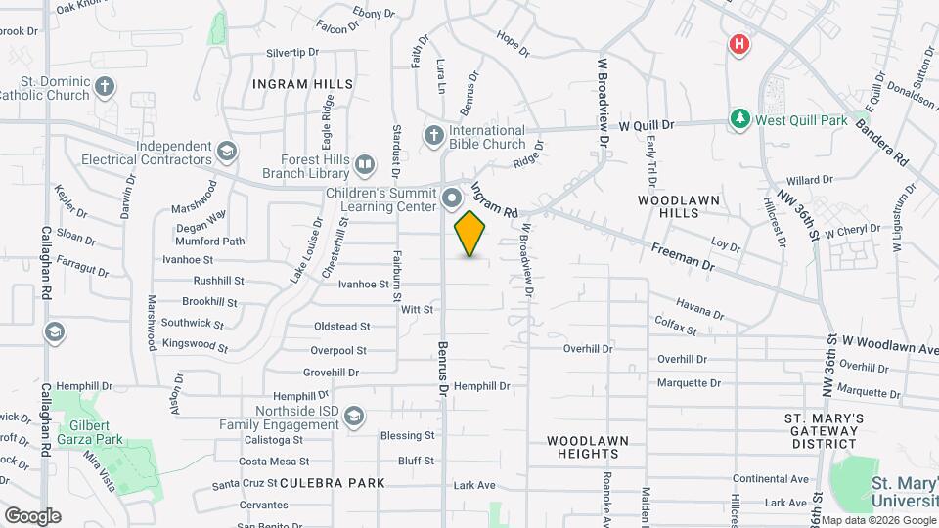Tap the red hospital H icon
[x=739, y=44]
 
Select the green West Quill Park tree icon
[x=740, y=119]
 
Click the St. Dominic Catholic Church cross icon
[x=105, y=88]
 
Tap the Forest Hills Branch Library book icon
[x=363, y=164]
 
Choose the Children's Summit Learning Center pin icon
[x=451, y=199]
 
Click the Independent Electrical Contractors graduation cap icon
[x=227, y=152]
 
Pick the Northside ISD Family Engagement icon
[x=353, y=418]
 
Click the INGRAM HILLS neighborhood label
[x=302, y=84]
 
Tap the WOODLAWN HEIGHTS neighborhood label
[x=587, y=447]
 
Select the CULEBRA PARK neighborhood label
[x=332, y=483]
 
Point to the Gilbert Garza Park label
[x=95, y=432]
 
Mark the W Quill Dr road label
[x=648, y=126]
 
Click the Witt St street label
[x=417, y=309]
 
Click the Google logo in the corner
[x=32, y=515]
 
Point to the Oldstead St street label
[x=341, y=327]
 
